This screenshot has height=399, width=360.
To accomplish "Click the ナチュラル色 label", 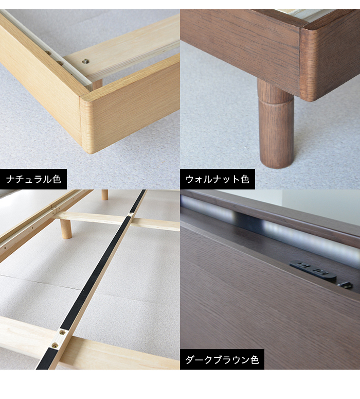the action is [x=33, y=179].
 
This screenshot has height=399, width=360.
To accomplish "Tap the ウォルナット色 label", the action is [x=218, y=179].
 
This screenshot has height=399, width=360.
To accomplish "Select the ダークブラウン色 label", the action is [x=222, y=359].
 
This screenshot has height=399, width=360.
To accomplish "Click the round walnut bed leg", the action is [x=276, y=124].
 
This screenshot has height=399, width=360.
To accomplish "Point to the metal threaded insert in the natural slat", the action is [x=85, y=61].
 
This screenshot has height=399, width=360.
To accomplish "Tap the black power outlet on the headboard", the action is [x=313, y=271].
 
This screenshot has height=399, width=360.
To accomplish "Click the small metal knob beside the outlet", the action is [x=345, y=285].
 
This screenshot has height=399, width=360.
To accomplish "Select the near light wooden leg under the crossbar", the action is [x=66, y=229].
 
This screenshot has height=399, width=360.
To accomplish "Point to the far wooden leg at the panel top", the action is [x=104, y=195].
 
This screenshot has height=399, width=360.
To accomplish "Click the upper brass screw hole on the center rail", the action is [x=62, y=332].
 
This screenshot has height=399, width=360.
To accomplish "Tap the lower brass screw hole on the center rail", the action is [x=55, y=345].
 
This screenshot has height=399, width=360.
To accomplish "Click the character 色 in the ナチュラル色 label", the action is [x=57, y=179].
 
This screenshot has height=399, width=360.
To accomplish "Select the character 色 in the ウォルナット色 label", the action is [x=245, y=179].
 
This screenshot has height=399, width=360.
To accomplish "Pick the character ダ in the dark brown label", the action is [x=190, y=359].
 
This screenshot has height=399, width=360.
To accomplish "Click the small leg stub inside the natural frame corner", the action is [x=97, y=84].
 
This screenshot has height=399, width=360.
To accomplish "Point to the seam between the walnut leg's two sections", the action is [x=276, y=100].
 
